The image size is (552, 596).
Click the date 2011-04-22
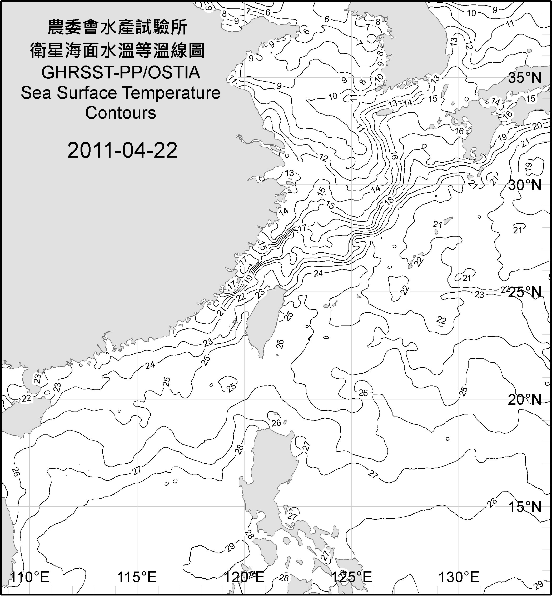click(122, 150)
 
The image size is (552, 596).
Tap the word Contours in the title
click(121, 113)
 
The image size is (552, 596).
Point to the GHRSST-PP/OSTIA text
click(121, 73)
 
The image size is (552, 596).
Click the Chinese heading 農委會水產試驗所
click(117, 27)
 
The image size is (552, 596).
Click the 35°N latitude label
click(525, 78)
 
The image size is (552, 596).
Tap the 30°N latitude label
click(525, 186)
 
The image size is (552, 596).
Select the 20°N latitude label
click(525, 399)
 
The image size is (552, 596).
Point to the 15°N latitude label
click(525, 507)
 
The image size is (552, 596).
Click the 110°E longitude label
click(29, 577)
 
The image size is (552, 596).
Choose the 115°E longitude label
click(137, 577)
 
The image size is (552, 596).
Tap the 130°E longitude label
click(459, 577)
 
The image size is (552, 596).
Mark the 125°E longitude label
click(352, 577)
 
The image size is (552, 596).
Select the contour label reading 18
click(390, 200)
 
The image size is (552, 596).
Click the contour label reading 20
click(537, 126)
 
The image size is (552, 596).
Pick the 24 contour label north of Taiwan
click(319, 273)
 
